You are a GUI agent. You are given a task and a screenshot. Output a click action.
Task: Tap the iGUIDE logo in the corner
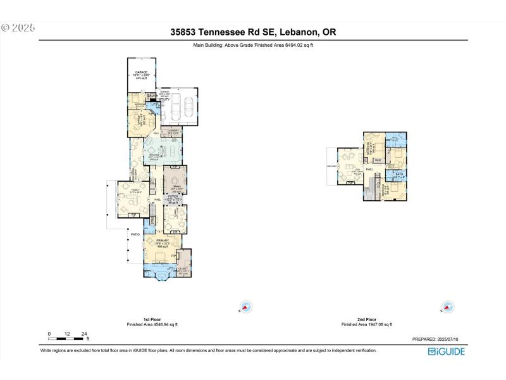click(x=447, y=351)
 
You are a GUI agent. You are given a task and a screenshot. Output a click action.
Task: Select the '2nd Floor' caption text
click(x=367, y=319)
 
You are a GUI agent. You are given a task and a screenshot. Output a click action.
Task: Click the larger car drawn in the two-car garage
click(x=188, y=107)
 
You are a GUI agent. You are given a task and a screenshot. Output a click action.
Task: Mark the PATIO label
click(x=135, y=234)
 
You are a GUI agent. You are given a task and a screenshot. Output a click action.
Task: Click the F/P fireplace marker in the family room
click(x=133, y=215)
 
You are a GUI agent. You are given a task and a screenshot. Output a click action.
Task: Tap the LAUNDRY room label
click(x=172, y=131)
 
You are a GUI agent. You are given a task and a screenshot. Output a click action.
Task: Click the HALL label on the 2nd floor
click(x=369, y=170)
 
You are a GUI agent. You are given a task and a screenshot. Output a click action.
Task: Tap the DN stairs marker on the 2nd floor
click(x=366, y=188)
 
